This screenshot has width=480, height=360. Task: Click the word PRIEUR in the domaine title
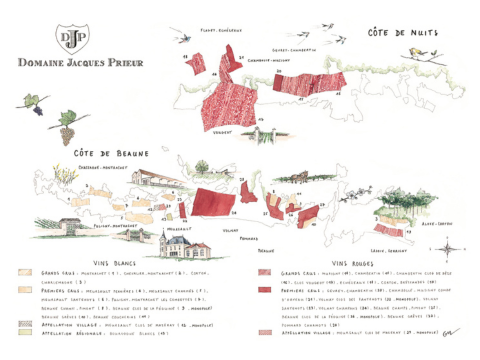pyautogui.click(x=121, y=62)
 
